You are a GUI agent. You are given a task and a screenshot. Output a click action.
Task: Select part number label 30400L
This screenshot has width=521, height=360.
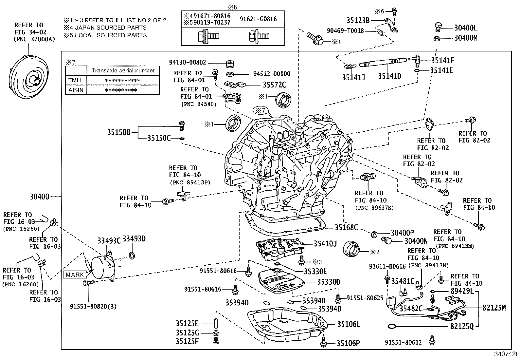tap(466, 28)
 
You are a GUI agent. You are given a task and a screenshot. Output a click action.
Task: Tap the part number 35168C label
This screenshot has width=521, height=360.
tap(346, 227)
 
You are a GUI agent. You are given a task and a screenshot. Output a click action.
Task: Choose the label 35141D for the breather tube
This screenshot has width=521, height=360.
tap(389, 76)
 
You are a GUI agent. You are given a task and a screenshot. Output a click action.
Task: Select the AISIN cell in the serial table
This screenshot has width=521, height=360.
tap(76, 90)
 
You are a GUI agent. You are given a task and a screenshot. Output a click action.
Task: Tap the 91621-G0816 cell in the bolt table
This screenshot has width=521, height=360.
tap(259, 19)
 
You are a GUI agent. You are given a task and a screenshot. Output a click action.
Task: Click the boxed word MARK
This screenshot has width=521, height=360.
tap(75, 275)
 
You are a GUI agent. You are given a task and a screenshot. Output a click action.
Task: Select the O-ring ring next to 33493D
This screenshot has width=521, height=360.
tap(132, 255)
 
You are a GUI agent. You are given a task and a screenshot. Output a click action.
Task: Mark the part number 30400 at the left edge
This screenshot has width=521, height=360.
tap(40, 197)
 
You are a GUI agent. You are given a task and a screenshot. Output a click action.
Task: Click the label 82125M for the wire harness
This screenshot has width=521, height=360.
tap(494, 308)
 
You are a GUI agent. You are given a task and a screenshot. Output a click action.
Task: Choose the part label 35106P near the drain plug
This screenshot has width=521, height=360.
tap(348, 343)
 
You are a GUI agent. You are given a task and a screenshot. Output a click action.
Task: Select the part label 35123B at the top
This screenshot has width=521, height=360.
tap(358, 20)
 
